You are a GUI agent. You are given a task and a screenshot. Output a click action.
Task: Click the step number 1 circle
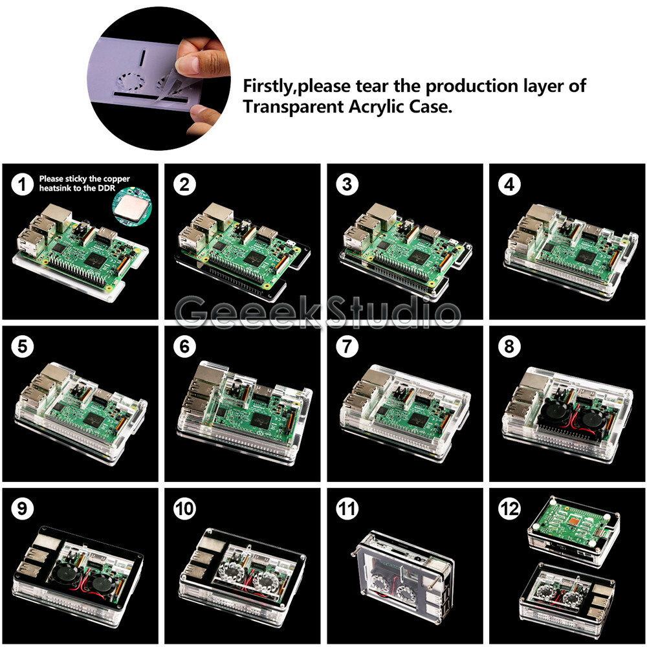click(x=22, y=184)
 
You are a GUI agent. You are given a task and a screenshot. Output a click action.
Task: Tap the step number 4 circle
click(x=510, y=184)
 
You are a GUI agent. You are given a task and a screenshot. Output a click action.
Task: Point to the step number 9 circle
click(x=22, y=509)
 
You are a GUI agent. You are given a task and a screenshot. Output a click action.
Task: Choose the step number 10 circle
click(x=184, y=509)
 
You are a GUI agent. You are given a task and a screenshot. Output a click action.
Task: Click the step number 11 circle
click(x=347, y=509)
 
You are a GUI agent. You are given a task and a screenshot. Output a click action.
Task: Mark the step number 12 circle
click(x=510, y=509)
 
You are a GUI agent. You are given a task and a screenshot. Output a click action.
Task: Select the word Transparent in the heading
click(x=294, y=107)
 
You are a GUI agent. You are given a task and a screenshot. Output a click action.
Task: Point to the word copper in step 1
click(x=116, y=179)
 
